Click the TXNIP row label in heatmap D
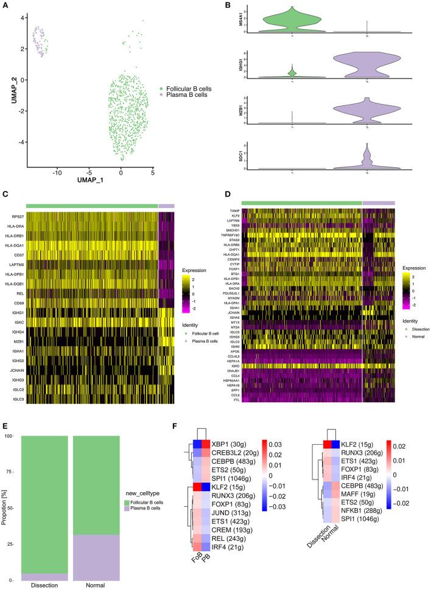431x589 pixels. tap(234, 211)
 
